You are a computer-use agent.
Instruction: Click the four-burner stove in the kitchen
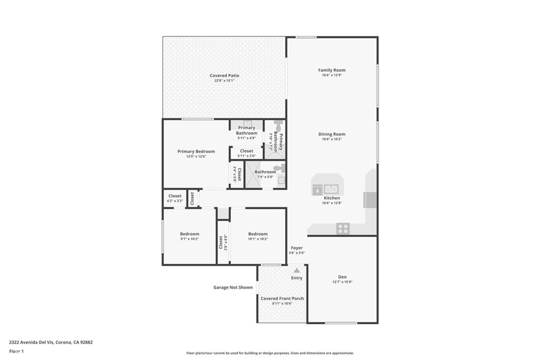point(343,228)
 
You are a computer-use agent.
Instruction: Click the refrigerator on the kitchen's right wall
point(370,201)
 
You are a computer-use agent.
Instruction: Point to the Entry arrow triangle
point(296,270)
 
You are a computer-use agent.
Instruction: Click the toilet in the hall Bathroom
point(282,168)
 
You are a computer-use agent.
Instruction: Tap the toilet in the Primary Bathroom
point(279,128)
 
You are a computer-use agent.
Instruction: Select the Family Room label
point(332,70)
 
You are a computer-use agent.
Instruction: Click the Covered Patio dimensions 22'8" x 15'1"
point(224,81)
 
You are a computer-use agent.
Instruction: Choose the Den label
point(342,277)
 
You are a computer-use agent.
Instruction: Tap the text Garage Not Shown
point(233,287)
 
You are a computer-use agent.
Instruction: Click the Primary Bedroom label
point(196,151)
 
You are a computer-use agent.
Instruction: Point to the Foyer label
point(297,248)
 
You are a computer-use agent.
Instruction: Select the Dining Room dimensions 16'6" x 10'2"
point(332,140)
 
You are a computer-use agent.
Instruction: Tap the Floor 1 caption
point(16,351)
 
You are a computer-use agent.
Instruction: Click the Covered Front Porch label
point(282,298)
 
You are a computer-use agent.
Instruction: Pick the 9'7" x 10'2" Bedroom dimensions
point(189,239)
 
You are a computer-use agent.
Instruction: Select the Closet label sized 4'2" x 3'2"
point(175,196)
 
